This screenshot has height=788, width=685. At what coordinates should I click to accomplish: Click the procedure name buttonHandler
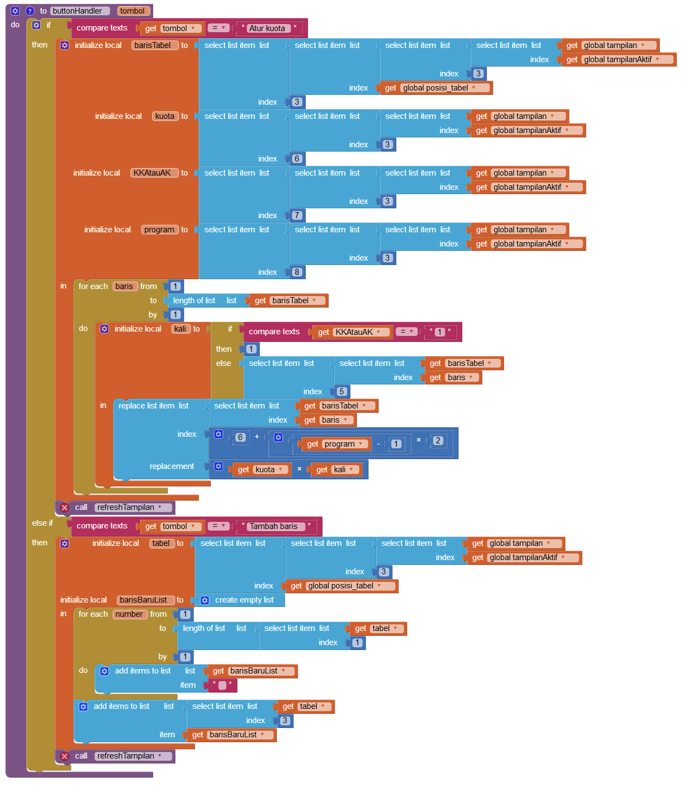(x=77, y=11)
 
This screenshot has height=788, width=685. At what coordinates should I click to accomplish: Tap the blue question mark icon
(x=29, y=11)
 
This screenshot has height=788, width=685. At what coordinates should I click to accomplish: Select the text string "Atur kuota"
(x=267, y=28)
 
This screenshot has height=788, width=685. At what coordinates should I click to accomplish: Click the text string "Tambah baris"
(x=274, y=526)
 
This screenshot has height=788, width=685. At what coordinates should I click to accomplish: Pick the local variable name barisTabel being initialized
(x=153, y=45)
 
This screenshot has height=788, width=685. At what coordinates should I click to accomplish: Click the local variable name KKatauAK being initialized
(x=152, y=173)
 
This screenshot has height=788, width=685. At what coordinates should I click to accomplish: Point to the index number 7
(x=296, y=215)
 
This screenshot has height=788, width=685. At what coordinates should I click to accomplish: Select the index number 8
(x=296, y=272)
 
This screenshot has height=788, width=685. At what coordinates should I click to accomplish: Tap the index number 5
(x=342, y=392)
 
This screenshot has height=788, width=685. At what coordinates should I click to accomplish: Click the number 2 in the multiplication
(x=438, y=441)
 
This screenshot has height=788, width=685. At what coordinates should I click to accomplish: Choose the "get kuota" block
(x=260, y=470)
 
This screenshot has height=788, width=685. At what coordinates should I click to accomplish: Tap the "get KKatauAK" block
(x=352, y=332)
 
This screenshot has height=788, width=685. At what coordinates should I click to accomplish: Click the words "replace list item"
(x=147, y=406)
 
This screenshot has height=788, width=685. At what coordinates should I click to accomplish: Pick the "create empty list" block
(x=240, y=600)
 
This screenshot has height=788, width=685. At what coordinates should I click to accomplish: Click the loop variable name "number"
(x=129, y=614)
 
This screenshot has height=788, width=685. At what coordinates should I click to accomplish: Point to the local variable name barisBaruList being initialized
(x=143, y=600)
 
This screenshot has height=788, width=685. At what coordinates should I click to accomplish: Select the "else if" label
(x=43, y=523)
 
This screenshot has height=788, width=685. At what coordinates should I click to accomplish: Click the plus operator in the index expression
(x=257, y=437)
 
